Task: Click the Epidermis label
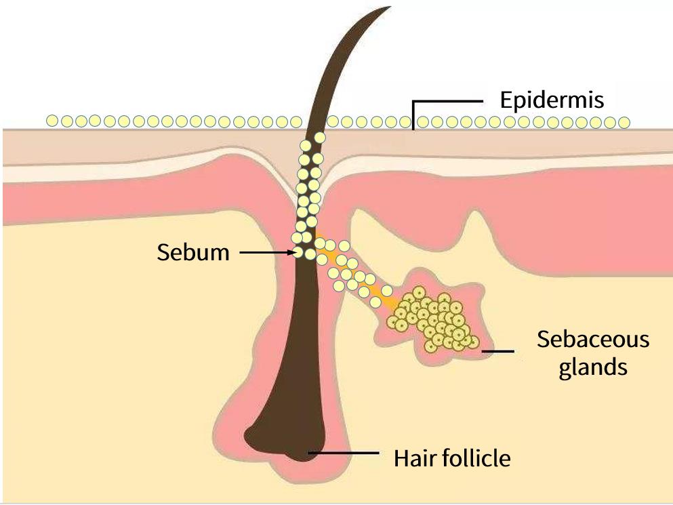(x=551, y=100)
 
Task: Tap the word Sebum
(x=193, y=253)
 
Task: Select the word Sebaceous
(x=593, y=339)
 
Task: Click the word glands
(x=593, y=367)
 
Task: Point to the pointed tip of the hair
(x=389, y=8)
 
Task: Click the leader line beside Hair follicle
(x=346, y=452)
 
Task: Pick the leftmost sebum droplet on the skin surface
(x=52, y=121)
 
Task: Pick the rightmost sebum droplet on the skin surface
(x=624, y=123)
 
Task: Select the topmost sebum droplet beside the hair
(x=320, y=138)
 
